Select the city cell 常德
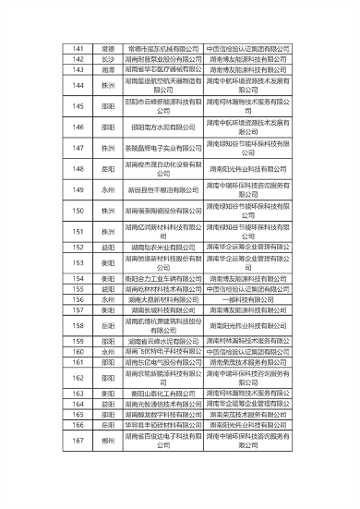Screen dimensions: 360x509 point(107,47)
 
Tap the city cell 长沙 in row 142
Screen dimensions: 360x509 point(107,58)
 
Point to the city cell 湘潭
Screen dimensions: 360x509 point(107,68)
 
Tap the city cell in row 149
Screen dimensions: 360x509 point(107,189)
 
